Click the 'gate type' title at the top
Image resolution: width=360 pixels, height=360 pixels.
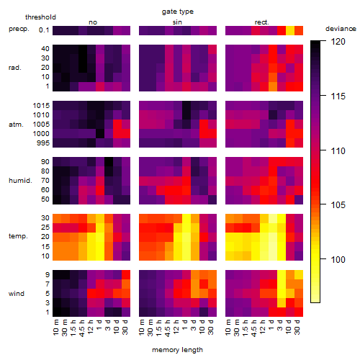[178, 12]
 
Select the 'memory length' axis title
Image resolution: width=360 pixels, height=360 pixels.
[177, 350]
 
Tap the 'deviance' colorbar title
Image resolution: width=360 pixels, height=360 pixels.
[341, 29]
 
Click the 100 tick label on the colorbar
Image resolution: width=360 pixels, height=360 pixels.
[338, 259]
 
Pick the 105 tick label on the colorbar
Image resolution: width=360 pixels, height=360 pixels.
[338, 205]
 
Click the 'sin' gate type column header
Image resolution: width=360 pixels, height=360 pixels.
[177, 22]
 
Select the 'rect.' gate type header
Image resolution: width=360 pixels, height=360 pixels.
[261, 22]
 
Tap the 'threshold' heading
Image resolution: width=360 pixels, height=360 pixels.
[40, 17]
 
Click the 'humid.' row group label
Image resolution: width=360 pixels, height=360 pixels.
[20, 180]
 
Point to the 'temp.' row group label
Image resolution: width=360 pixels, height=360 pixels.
[18, 236]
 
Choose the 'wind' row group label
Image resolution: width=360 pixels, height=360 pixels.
[17, 294]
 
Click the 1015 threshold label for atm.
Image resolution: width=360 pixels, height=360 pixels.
[41, 106]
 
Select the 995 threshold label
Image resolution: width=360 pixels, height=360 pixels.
[43, 143]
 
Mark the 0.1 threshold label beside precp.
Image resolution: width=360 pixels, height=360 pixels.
[44, 30]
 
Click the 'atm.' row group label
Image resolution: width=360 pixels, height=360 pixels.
[16, 125]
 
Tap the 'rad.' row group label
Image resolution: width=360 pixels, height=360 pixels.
[15, 68]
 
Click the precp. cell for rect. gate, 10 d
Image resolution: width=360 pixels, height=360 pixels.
[290, 30]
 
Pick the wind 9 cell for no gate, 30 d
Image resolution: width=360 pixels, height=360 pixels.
[126, 275]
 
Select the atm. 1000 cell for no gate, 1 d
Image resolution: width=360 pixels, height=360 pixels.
[100, 134]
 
